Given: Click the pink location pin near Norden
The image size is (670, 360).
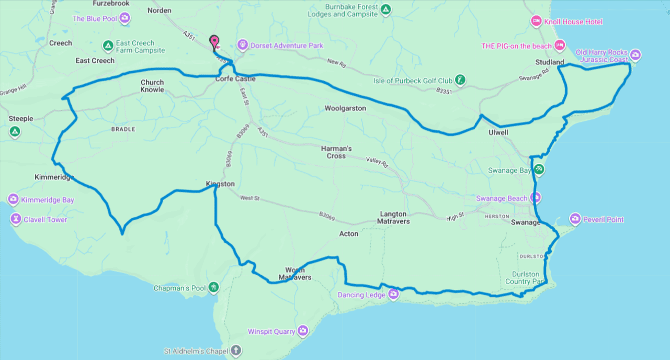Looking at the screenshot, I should coord(213,41).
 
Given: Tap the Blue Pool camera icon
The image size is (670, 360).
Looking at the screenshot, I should coord(124,19).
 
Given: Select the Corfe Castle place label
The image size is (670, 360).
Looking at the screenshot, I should coord(235,79).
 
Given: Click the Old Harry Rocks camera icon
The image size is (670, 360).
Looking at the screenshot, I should coord(635,54).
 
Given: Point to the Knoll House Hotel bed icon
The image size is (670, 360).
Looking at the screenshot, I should coord(536,21).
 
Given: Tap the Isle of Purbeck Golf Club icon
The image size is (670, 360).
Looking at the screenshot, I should coord(460,80).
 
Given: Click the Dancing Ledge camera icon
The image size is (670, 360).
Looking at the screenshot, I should coord(393,295).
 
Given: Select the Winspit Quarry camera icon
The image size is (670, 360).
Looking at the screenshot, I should coord(303,331).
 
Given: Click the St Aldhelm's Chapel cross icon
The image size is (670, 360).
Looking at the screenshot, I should coord(236,351).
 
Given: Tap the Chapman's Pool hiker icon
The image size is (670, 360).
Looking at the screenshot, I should coord(213,287).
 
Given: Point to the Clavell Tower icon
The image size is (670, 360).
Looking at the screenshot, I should coord(15,219).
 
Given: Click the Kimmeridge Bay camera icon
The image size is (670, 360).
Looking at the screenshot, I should coord(13,199).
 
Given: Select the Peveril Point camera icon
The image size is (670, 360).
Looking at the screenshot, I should coord(575,219).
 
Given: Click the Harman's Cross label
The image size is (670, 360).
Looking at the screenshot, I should coord(336,152).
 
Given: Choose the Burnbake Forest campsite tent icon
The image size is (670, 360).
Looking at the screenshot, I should coord(385,9).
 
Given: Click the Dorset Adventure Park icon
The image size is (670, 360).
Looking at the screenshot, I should coord(242,45).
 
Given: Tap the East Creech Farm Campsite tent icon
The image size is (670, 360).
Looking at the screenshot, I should coord(108,46).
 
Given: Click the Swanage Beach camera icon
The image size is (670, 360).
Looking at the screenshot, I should coord(535,198).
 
